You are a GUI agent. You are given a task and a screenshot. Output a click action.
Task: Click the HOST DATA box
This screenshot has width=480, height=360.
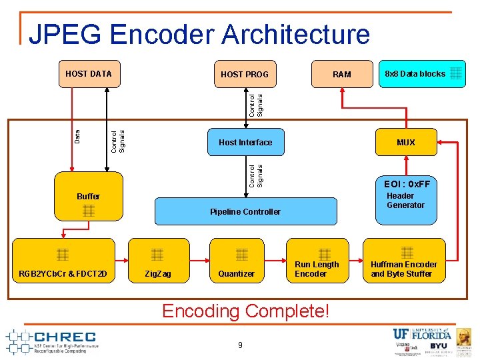click(x=88, y=74)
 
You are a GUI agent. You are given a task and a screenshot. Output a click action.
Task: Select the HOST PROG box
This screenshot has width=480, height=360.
click(x=244, y=74)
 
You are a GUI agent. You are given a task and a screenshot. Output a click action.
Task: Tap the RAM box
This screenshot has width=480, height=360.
click(x=341, y=74)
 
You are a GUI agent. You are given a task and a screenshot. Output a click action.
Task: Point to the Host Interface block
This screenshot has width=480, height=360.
click(x=245, y=142)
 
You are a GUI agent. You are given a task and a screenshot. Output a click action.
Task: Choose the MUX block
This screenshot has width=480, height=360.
click(x=405, y=142)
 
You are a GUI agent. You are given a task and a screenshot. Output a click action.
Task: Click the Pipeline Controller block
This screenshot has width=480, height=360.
click(x=245, y=211)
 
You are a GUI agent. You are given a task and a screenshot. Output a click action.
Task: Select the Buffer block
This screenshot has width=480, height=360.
click(x=88, y=197)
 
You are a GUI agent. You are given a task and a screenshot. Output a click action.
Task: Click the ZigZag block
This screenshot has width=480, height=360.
click(x=158, y=261)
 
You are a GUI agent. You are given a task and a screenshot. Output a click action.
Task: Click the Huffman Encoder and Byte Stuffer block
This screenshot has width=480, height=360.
click(x=404, y=261)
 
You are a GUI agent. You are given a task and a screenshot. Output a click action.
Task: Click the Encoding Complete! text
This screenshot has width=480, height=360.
click(x=245, y=311)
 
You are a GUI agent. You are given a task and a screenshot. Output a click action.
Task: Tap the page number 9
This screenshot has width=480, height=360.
click(x=241, y=345)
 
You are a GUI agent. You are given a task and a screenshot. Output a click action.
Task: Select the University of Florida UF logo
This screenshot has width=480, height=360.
click(x=422, y=334)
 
